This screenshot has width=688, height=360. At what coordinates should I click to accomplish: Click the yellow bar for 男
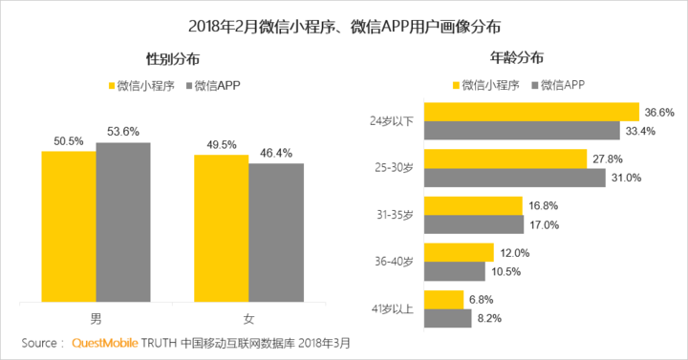(x=68, y=224)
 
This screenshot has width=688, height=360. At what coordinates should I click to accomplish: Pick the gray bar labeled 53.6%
(x=123, y=221)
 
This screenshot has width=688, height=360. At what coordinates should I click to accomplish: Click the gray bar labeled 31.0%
(x=514, y=178)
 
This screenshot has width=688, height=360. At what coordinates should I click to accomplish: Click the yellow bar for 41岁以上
(x=443, y=299)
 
